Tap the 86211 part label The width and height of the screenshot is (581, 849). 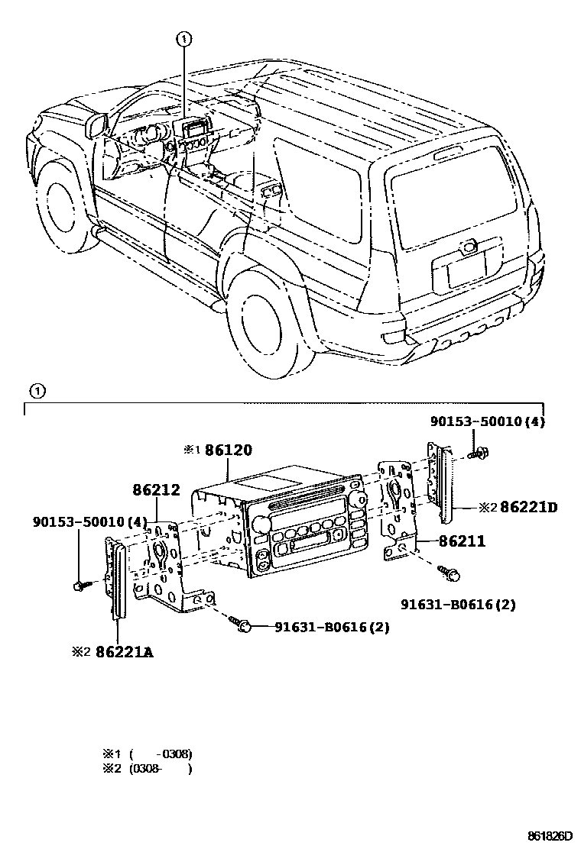click(462, 541)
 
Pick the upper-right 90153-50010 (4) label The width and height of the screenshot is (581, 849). click(487, 421)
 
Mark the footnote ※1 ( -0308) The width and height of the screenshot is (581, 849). click(147, 754)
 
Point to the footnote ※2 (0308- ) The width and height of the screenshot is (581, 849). click(147, 769)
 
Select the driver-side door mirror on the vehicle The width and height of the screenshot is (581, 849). click(97, 124)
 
